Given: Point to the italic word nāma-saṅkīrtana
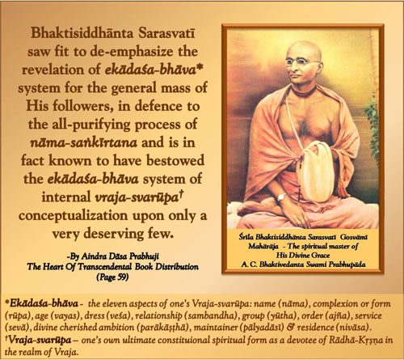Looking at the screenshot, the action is [83, 142].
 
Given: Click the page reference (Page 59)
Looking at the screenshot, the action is [112, 277].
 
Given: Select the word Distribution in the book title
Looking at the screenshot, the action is [177, 267].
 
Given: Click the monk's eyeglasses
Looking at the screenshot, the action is [303, 62].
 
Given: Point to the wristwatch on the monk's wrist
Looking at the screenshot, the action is [281, 197].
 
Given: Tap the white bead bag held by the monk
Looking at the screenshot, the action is [317, 172].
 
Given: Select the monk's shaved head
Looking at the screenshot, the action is [305, 49].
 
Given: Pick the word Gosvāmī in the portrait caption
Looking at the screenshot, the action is [354, 237].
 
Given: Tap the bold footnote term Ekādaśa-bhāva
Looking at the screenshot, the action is [44, 303].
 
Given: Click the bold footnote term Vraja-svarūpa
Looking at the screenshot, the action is [40, 340].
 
